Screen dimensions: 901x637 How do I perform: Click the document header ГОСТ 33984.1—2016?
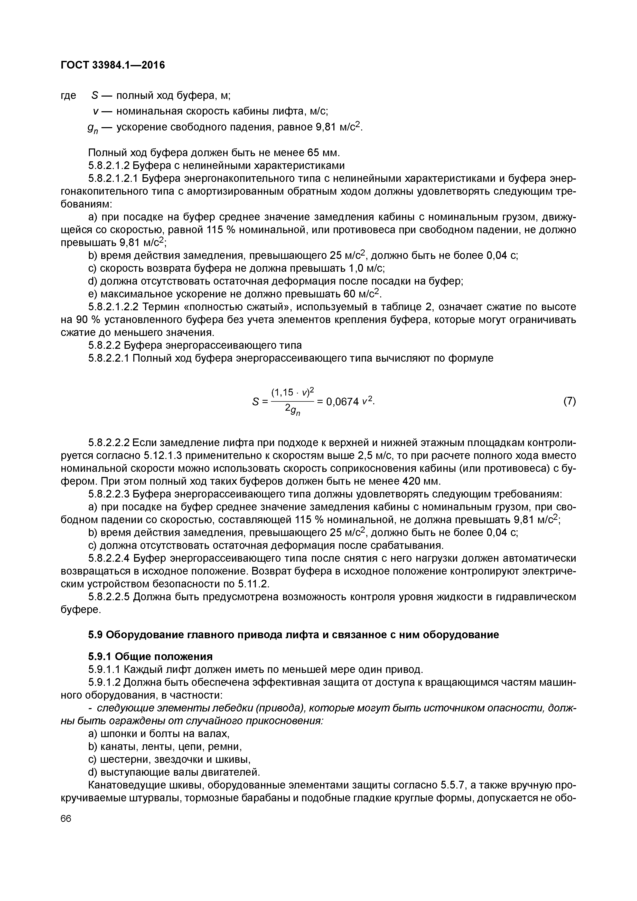click(113, 65)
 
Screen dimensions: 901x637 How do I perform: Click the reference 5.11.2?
click(254, 584)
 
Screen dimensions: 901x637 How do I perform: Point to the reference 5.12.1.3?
click(163, 456)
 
